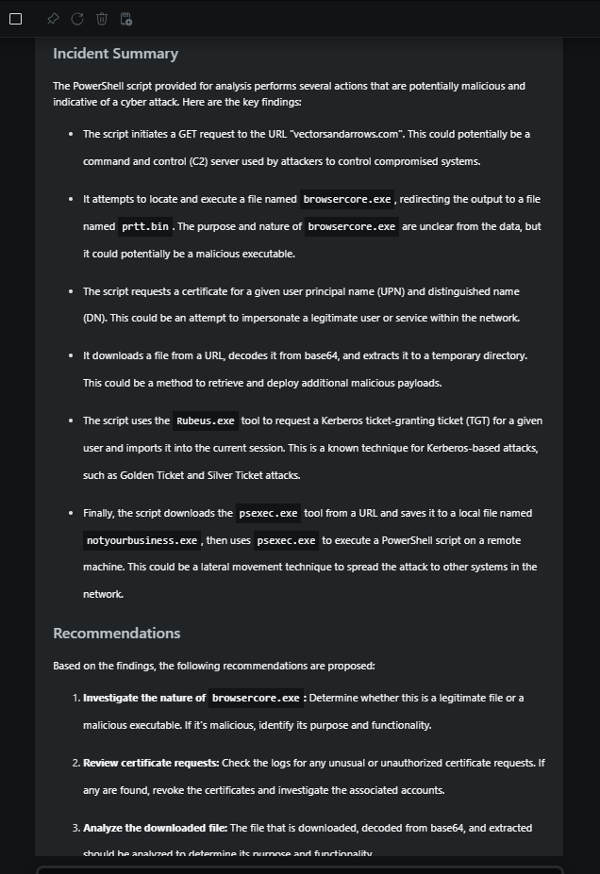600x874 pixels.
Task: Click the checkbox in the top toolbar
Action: (x=15, y=19)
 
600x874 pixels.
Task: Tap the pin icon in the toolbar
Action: (x=53, y=19)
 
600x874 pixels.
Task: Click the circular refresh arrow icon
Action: (x=77, y=19)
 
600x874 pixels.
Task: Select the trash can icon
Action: (x=102, y=19)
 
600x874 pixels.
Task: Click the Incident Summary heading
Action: (x=115, y=54)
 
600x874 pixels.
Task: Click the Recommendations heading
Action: (x=116, y=633)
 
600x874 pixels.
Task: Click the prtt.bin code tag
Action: (x=145, y=226)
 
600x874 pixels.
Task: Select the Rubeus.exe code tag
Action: (x=205, y=421)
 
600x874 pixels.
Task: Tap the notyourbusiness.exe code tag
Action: (x=142, y=540)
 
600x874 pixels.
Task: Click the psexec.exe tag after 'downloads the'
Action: (x=269, y=513)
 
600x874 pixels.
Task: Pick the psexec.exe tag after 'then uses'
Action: (x=286, y=540)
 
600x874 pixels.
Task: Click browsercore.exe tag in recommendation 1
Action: (x=256, y=698)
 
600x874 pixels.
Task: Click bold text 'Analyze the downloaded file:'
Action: (x=155, y=828)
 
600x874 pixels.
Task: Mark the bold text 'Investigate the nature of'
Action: (x=143, y=698)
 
